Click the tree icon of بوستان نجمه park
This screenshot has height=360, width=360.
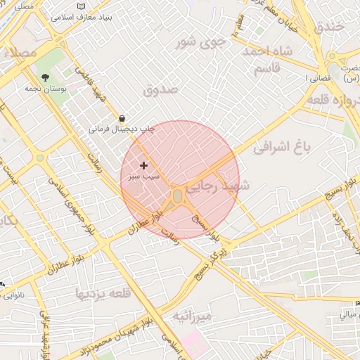pos(46,78)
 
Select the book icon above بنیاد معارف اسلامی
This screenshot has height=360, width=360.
pos(81,6)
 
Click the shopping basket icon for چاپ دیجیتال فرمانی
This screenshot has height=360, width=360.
pos(122,118)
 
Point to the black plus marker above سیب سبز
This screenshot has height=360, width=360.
pos(144,165)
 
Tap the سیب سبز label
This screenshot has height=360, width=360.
pos(143,176)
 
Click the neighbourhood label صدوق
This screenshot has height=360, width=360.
pos(161,90)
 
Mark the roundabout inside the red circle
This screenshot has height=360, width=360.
pos(177,195)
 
